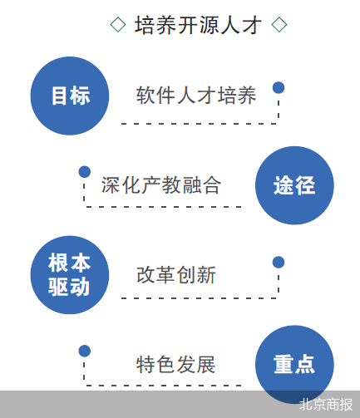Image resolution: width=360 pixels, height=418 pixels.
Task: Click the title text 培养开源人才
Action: (x=198, y=25)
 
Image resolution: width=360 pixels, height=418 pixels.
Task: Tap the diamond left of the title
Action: (x=118, y=25)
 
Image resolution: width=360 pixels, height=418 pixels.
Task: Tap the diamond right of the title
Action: (x=279, y=25)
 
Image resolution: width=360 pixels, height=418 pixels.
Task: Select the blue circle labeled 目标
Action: (x=70, y=96)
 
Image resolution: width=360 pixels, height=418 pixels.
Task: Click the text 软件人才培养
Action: (x=196, y=96)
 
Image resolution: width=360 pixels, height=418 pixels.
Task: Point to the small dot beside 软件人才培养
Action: (x=279, y=87)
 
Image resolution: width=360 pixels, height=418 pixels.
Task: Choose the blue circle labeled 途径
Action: (x=294, y=185)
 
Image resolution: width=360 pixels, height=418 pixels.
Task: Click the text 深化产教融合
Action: (x=161, y=185)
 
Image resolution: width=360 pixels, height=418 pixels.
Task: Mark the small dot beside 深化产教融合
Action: (x=85, y=172)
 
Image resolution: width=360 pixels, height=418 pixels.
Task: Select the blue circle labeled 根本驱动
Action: (x=70, y=275)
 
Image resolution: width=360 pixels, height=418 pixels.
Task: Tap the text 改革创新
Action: (x=176, y=275)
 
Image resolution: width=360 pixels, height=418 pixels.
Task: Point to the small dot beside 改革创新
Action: (x=279, y=262)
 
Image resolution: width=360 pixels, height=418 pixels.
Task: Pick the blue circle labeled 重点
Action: (x=294, y=364)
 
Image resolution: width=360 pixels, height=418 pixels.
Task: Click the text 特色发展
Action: (x=176, y=364)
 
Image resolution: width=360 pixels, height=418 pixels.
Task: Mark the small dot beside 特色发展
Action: (x=85, y=351)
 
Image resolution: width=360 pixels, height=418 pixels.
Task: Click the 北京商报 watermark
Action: (x=326, y=405)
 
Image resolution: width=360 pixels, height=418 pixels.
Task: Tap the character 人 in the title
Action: (x=230, y=25)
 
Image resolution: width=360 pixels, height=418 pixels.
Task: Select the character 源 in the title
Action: (x=209, y=25)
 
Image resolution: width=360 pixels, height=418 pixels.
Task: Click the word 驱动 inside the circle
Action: (x=69, y=287)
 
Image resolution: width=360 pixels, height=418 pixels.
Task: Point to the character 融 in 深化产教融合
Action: (x=191, y=185)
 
